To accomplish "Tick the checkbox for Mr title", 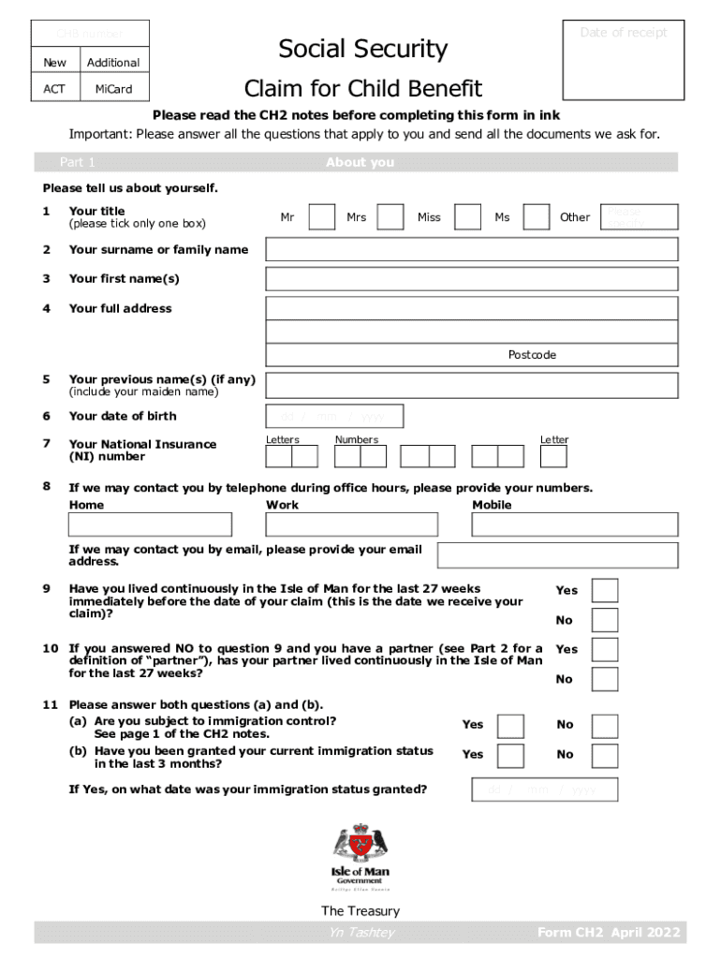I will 321,217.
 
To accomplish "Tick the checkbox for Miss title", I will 467,217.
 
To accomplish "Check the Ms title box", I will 536,217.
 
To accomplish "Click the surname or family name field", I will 472,249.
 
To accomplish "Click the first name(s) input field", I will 472,279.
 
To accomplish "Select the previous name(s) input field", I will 472,385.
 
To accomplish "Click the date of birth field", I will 334,417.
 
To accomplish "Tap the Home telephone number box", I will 150,524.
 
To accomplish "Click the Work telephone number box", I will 351,524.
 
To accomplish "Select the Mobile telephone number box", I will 574,524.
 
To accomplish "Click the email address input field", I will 557,555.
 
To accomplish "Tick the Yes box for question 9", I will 605,590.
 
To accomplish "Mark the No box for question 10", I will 605,679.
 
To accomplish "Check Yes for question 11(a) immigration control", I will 510,726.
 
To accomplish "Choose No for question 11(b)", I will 605,756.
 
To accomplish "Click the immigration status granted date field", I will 544,790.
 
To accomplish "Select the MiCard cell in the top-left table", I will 113,89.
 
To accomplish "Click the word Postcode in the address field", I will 532,355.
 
